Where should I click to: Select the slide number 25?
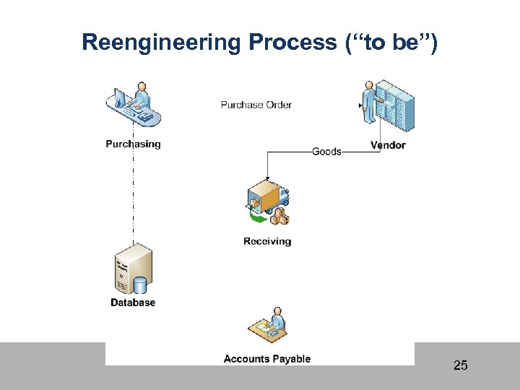[x=460, y=365]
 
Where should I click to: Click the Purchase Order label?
[x=256, y=105]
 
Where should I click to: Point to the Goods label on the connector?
[x=326, y=152]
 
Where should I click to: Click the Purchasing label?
[x=133, y=144]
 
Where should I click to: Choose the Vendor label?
[x=388, y=145]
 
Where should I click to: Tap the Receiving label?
[x=267, y=241]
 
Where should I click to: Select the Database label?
[x=133, y=303]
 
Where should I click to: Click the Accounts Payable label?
[x=267, y=359]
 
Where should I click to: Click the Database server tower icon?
[x=133, y=269]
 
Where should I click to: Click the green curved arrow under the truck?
[x=254, y=214]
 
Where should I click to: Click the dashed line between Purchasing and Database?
[x=133, y=195]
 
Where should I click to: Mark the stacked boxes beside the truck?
[x=280, y=215]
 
